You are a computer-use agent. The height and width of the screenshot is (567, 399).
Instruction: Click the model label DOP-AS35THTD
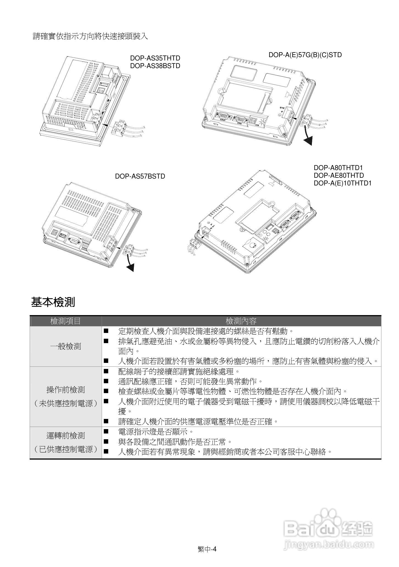(155, 58)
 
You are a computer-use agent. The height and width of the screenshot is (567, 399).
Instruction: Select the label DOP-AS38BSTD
(155, 66)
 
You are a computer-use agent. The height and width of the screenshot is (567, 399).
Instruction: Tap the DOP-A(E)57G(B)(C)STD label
(305, 55)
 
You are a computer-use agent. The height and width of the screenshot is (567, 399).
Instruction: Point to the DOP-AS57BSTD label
(140, 176)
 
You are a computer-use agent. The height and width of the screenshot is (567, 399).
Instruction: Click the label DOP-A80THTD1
(338, 168)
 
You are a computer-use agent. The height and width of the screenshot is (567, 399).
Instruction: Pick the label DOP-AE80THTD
(339, 175)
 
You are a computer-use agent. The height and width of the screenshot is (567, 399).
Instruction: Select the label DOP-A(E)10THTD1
(342, 183)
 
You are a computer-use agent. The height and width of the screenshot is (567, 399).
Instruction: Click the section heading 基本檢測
(53, 302)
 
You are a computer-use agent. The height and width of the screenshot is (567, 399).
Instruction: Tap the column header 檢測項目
(65, 321)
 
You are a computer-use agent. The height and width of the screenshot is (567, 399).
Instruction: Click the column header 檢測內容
(241, 321)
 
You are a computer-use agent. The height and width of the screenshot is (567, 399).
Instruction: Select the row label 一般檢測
(65, 346)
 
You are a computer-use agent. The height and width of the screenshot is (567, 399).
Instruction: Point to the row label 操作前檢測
(65, 390)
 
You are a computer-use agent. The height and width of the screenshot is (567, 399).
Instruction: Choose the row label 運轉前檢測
(65, 436)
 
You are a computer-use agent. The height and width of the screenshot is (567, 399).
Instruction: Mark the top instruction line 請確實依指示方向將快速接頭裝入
(90, 36)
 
